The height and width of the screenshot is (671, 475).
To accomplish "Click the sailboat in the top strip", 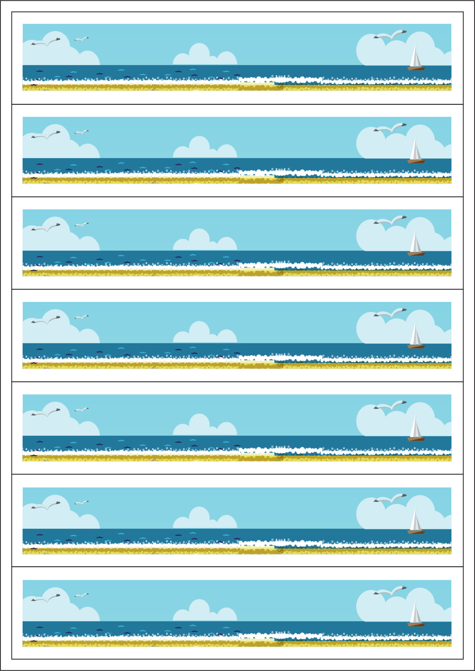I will pyautogui.click(x=416, y=60).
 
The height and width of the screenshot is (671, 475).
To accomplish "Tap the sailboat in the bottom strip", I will pyautogui.click(x=416, y=616).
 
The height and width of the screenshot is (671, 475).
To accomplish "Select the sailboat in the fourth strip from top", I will pyautogui.click(x=416, y=338).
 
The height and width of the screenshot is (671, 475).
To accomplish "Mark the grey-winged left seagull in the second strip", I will pyautogui.click(x=46, y=135).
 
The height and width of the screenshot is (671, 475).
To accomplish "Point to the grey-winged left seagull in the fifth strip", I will pyautogui.click(x=46, y=413).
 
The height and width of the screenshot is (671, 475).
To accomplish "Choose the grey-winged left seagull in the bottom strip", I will pyautogui.click(x=46, y=598).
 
